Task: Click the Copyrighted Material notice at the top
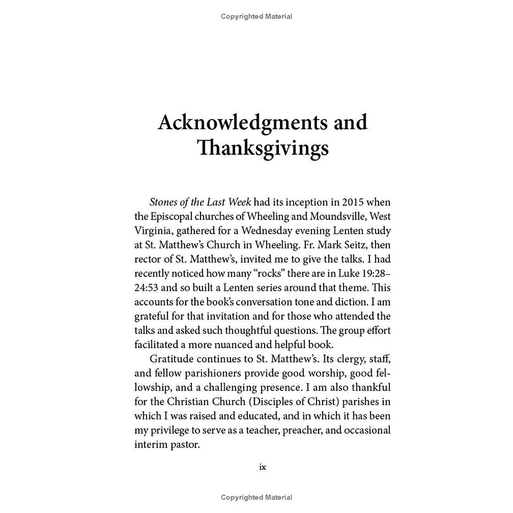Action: pyautogui.click(x=256, y=16)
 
